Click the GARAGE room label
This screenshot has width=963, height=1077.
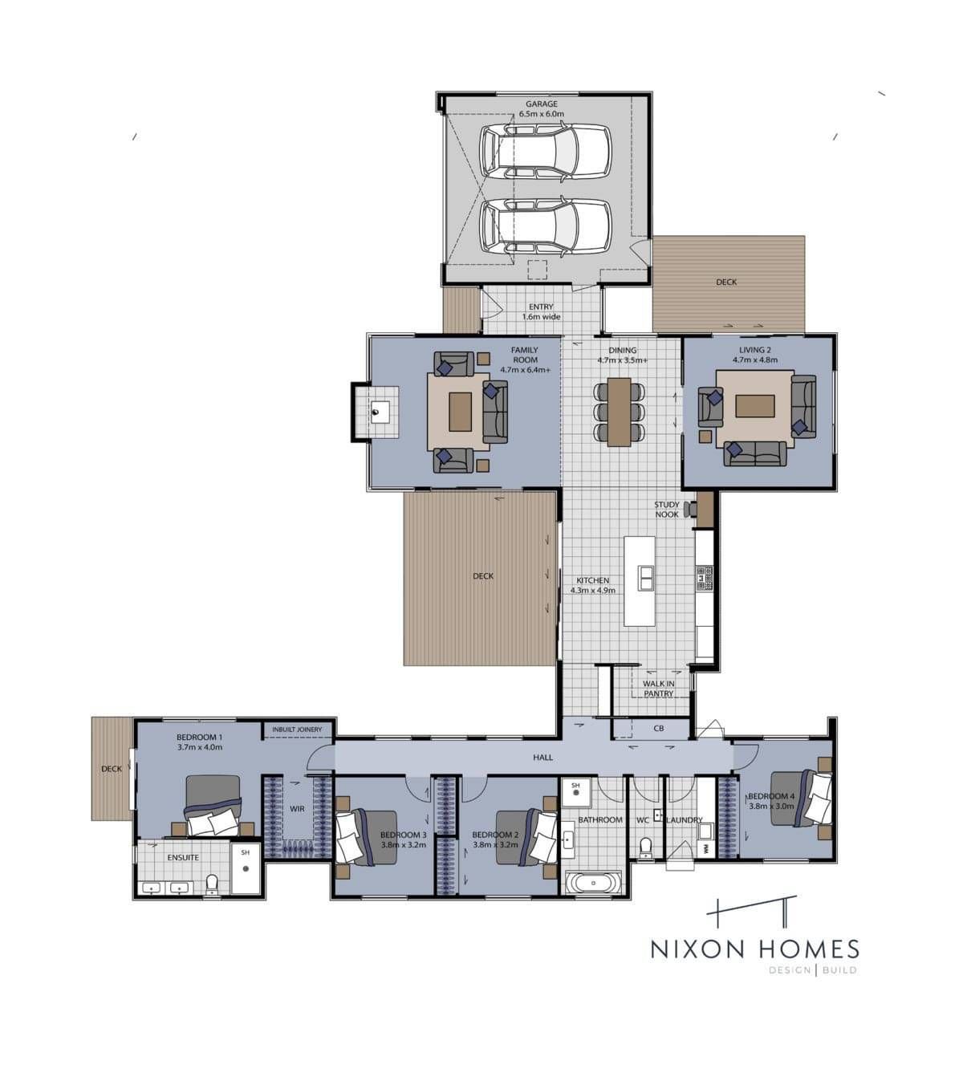(542, 104)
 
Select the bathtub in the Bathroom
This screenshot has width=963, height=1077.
(593, 884)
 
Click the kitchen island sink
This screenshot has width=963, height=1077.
(645, 578)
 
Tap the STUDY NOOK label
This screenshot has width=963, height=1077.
(666, 510)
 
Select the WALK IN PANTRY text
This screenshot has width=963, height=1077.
(658, 689)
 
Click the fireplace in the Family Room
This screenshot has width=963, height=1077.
(380, 412)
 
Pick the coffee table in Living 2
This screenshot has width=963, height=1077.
(754, 406)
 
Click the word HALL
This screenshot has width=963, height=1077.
(543, 757)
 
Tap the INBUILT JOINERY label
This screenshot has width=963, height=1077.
(297, 730)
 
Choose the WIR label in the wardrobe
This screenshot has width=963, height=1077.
(297, 808)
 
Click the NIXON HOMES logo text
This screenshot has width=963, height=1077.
(755, 949)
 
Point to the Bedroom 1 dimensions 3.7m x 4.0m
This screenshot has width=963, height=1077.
(199, 747)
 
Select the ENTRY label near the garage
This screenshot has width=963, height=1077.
(542, 307)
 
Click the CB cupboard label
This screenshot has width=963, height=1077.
(658, 728)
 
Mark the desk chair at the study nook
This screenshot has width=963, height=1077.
(691, 509)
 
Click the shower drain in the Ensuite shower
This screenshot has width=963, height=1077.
(245, 869)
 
